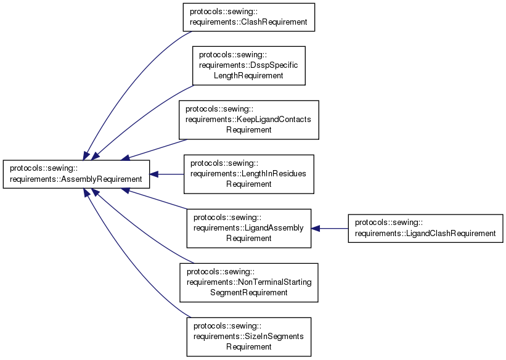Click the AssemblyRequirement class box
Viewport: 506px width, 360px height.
coord(76,174)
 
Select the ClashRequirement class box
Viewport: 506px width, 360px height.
coord(249,17)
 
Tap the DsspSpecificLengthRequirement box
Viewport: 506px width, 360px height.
coord(249,65)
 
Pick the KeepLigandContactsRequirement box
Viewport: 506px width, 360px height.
coord(248,120)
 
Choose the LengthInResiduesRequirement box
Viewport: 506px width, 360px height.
coord(248,174)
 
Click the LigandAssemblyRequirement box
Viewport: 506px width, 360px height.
coord(248,228)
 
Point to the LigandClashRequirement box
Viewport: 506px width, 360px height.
coord(425,228)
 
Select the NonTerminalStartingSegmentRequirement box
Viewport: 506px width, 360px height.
coord(248,282)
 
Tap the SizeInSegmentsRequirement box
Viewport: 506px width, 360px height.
coord(248,337)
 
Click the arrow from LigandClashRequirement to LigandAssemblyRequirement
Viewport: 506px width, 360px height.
coord(333,228)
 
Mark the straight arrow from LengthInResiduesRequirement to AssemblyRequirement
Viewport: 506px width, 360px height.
coord(169,174)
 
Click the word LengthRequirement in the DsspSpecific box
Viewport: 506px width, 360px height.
coord(248,75)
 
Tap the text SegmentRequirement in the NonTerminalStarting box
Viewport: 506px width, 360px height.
coord(248,292)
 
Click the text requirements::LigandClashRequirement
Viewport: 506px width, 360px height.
coord(425,233)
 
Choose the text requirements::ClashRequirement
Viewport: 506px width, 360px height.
coord(249,22)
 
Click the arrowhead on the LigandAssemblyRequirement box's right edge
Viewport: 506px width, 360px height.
coord(315,228)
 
